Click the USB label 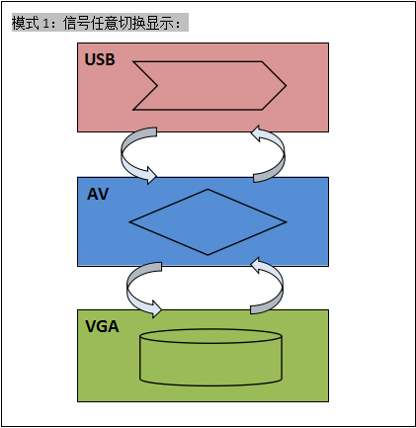tap(100, 59)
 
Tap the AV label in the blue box tap(98, 194)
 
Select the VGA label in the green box tap(102, 326)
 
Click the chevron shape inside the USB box tap(209, 86)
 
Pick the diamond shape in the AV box tap(208, 222)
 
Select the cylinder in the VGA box tap(210, 358)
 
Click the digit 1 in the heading tap(45, 24)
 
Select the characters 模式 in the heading tap(26, 23)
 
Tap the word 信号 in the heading tap(76, 23)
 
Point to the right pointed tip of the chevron tap(286, 86)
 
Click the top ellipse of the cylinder tap(210, 336)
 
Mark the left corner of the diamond tap(129, 222)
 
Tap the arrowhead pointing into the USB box tap(256, 133)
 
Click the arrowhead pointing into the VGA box tap(155, 309)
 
